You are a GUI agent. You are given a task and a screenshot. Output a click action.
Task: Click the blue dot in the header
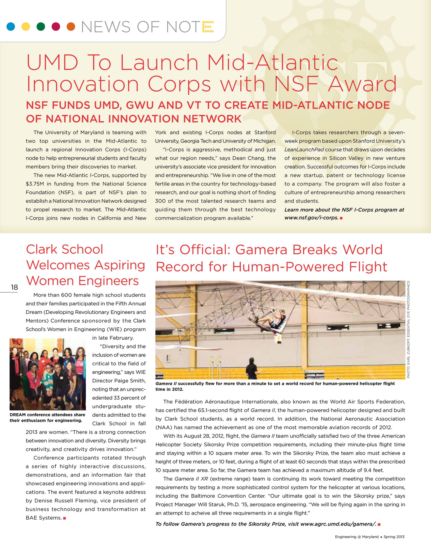[10, 27]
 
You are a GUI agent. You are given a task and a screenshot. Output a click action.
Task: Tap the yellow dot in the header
[26, 27]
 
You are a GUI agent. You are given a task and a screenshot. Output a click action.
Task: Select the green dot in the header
[41, 27]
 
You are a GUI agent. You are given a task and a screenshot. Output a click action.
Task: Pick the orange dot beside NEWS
[71, 27]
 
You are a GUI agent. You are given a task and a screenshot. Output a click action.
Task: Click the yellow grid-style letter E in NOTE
[208, 27]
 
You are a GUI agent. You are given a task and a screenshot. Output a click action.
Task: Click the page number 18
[14, 287]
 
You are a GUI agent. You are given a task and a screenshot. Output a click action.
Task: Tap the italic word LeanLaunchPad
[304, 150]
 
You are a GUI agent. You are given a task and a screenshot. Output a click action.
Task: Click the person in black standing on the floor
[251, 368]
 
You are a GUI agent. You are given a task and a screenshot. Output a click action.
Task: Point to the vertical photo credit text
[409, 330]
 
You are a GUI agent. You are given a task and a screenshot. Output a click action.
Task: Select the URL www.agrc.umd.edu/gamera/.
[338, 524]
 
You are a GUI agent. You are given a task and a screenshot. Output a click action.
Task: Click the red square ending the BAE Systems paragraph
[64, 518]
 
